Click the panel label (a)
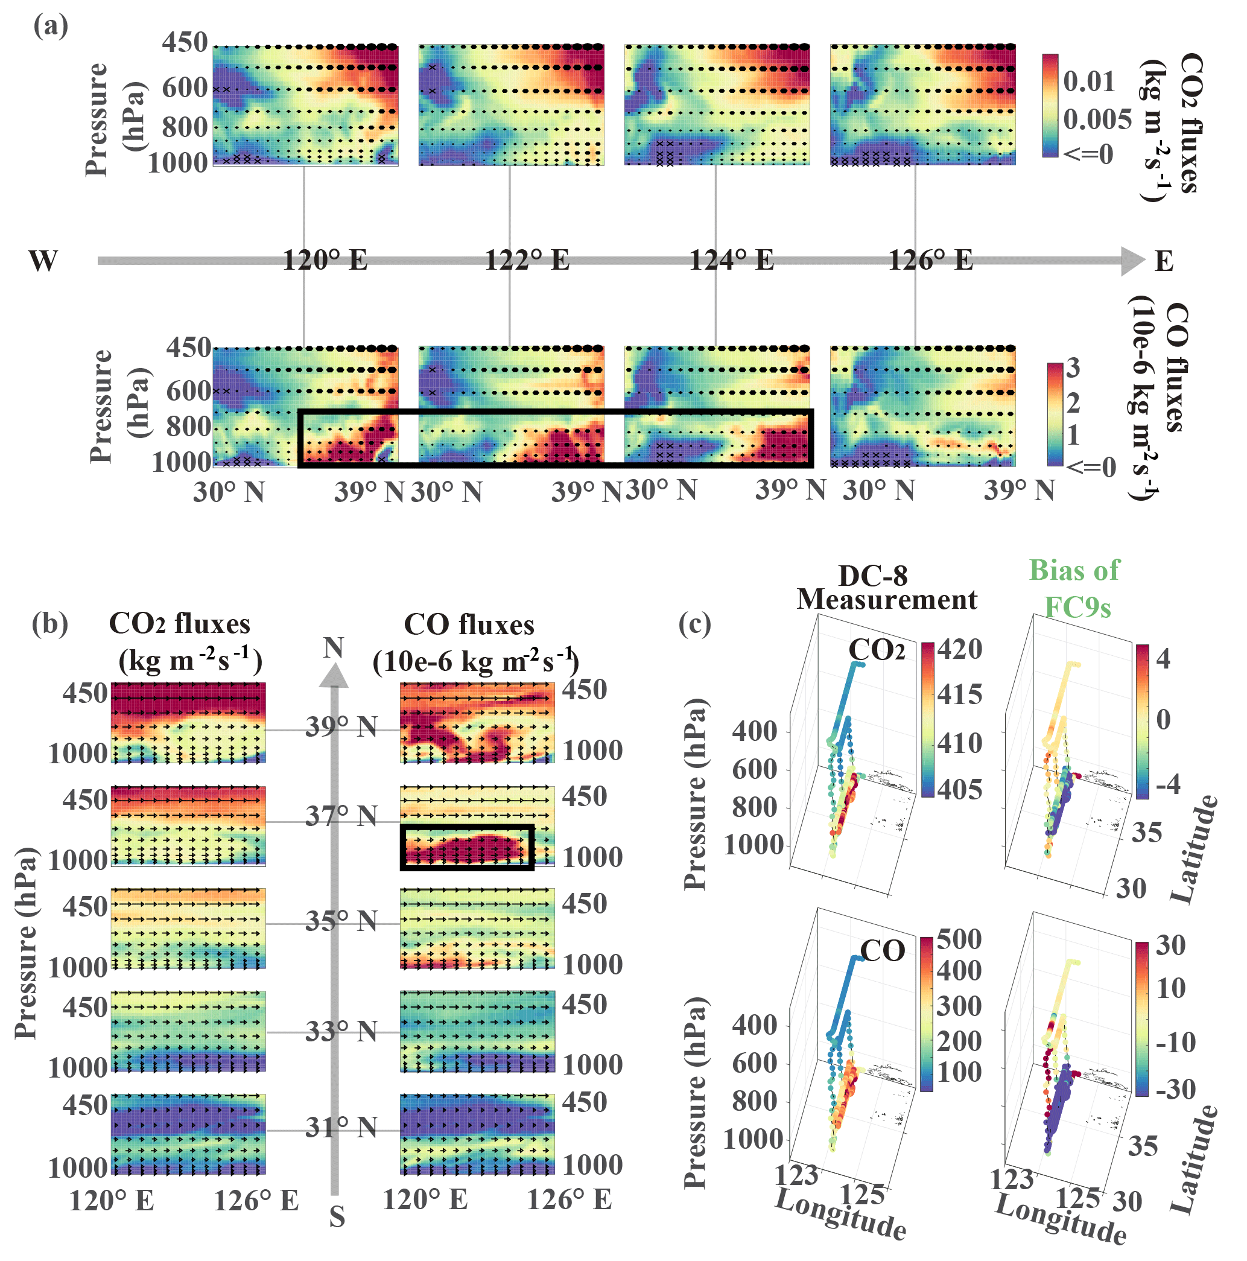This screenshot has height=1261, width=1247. pos(50,27)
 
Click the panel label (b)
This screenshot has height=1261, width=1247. pos(49,623)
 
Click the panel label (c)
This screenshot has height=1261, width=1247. pos(695,623)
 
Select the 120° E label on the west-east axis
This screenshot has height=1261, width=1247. pos(325,261)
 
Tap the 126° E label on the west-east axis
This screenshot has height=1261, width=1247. pos(930,261)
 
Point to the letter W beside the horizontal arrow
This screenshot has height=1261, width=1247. pos(43,261)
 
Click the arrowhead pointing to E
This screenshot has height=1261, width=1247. pos(1132,261)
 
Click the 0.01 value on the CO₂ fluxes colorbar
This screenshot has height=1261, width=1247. pos(1089,81)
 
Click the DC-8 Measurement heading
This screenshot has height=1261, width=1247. pos(886,588)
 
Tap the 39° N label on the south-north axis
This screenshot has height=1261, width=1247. pos(341,726)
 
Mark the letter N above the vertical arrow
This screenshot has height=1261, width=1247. pos(334,647)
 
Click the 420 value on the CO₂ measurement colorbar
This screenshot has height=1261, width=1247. pos(959,649)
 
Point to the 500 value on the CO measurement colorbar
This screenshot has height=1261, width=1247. pos(959,939)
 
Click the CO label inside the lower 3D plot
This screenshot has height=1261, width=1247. pos(882,951)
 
